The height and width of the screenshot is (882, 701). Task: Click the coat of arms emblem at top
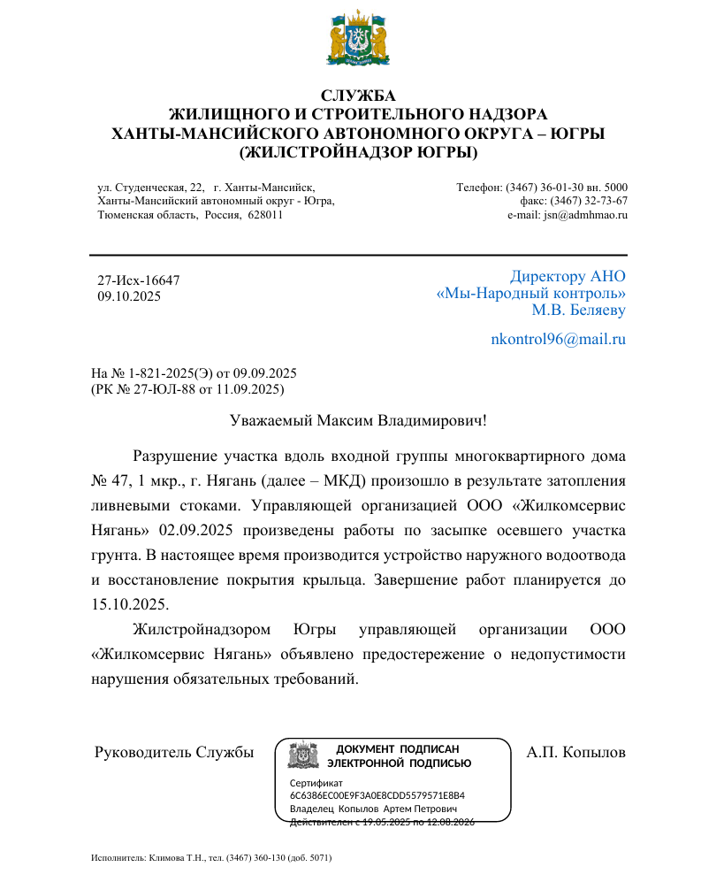pos(358,39)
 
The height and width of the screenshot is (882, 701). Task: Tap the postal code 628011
pos(265,215)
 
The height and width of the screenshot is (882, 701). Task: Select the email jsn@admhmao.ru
pos(585,215)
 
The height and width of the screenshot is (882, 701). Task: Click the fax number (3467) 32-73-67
pos(593,201)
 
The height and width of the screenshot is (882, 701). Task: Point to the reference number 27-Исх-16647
pos(139,280)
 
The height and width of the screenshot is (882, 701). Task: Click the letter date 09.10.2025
pos(129,296)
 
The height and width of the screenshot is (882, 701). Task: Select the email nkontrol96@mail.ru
pos(558,339)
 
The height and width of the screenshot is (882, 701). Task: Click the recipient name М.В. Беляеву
pos(578,310)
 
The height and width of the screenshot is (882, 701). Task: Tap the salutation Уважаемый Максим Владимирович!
pos(358,422)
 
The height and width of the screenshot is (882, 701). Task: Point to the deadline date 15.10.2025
pos(129,605)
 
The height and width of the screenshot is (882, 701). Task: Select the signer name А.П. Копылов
pos(575,753)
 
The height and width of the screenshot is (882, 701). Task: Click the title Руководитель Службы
pos(174,753)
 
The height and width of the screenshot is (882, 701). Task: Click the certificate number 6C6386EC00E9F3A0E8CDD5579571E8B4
pos(377,795)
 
